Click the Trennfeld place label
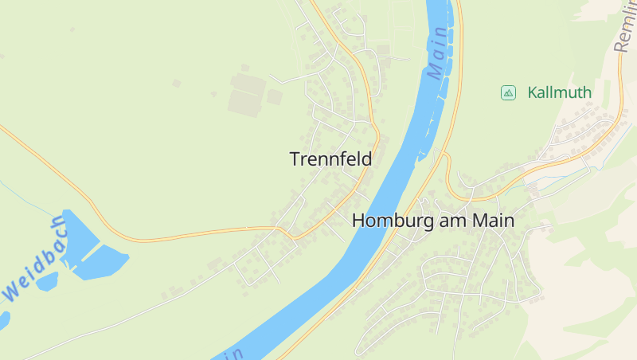coord(330,159)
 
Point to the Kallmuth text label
coord(559,92)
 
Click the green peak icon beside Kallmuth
coord(507,92)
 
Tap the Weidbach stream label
coord(36,259)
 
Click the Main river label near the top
coord(438,51)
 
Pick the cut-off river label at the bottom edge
coord(231,353)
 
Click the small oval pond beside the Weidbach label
coord(46,280)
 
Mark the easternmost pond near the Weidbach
coord(104,261)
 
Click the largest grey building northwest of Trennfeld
coord(244,102)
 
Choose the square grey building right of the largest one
coord(274,97)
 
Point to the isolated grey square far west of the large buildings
coord(176,83)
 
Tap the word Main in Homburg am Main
coord(494,221)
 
